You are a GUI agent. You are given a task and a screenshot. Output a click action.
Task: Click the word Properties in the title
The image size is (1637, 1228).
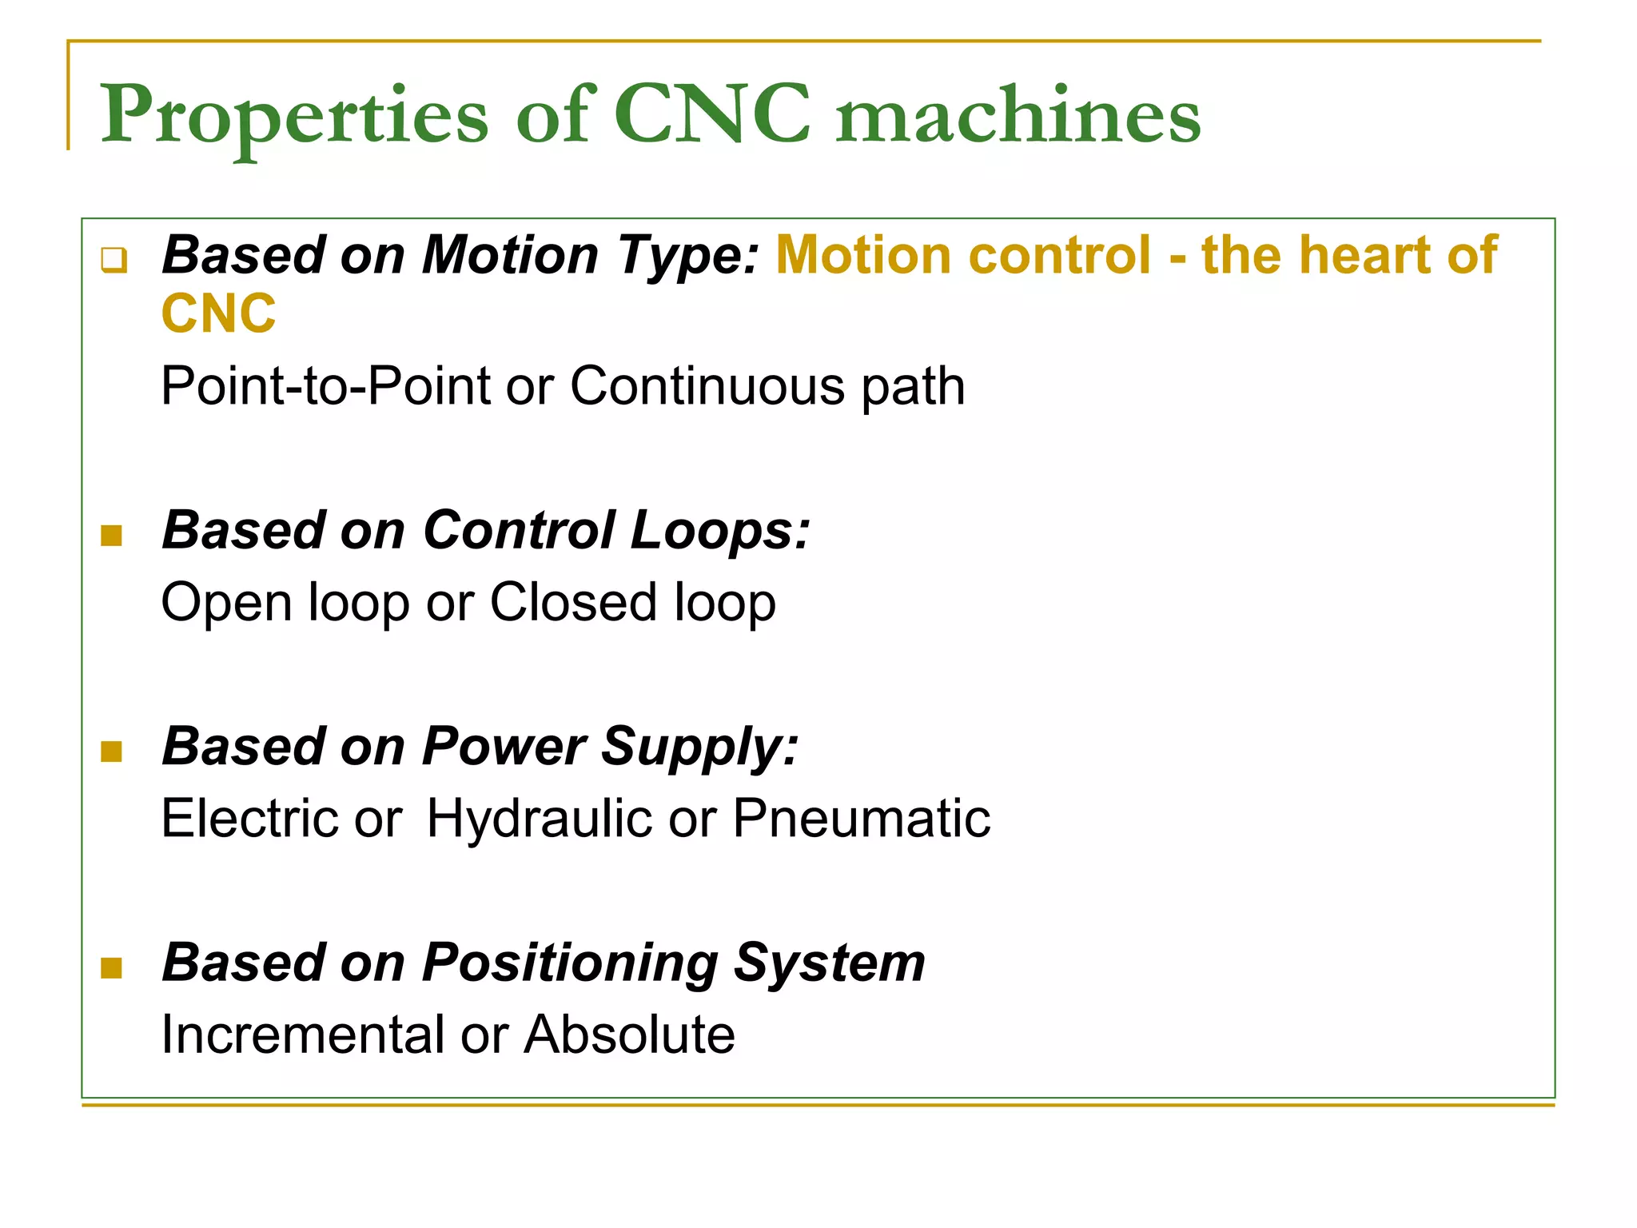(x=294, y=116)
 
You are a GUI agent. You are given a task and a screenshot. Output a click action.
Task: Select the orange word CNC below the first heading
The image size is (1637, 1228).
(x=218, y=313)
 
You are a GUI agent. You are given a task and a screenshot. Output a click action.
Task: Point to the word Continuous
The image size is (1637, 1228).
(x=707, y=386)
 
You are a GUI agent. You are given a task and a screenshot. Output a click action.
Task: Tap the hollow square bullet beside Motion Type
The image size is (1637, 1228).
(x=114, y=260)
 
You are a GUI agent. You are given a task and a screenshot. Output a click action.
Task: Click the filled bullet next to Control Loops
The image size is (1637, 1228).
(x=112, y=535)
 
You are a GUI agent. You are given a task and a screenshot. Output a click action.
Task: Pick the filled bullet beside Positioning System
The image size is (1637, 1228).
(x=112, y=968)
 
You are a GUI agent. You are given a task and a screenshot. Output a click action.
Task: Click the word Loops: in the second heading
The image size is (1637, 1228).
(x=719, y=530)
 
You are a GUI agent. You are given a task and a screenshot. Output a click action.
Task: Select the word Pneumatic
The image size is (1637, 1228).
(x=862, y=818)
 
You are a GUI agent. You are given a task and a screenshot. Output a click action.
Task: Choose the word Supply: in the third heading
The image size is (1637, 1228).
(x=699, y=748)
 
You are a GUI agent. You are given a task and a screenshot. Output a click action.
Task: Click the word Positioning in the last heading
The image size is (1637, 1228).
(x=570, y=963)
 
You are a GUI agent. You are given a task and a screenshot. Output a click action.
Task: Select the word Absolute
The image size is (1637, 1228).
(x=629, y=1035)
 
